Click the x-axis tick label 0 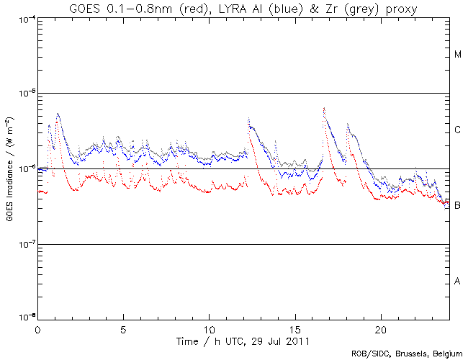point(37,328)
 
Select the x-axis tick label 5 point(123,328)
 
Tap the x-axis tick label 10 point(209,328)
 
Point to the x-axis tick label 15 point(294,328)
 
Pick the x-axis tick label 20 point(380,328)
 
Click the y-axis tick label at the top point(24,19)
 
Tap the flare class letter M point(458,55)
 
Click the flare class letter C point(458,130)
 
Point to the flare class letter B point(458,206)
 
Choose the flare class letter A point(458,281)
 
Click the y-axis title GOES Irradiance point(9,168)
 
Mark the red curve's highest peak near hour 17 point(324,108)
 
